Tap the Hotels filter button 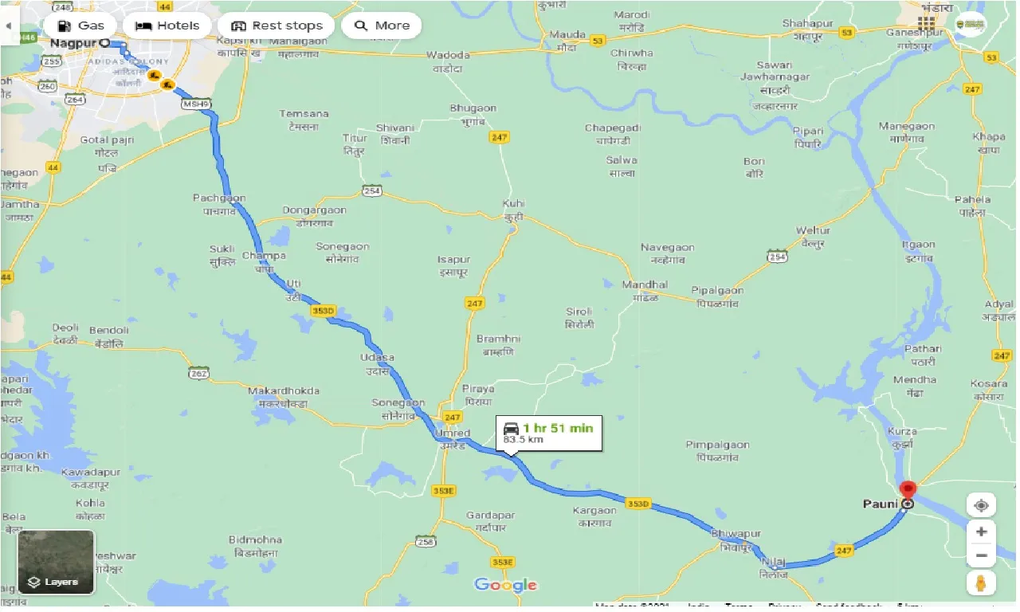167,25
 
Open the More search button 381,25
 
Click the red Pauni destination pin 907,491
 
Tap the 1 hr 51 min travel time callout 549,433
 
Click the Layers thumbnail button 56,563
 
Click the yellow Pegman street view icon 981,583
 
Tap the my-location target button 981,506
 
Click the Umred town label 454,433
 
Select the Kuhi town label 514,204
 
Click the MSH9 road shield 194,104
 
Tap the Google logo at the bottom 506,586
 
